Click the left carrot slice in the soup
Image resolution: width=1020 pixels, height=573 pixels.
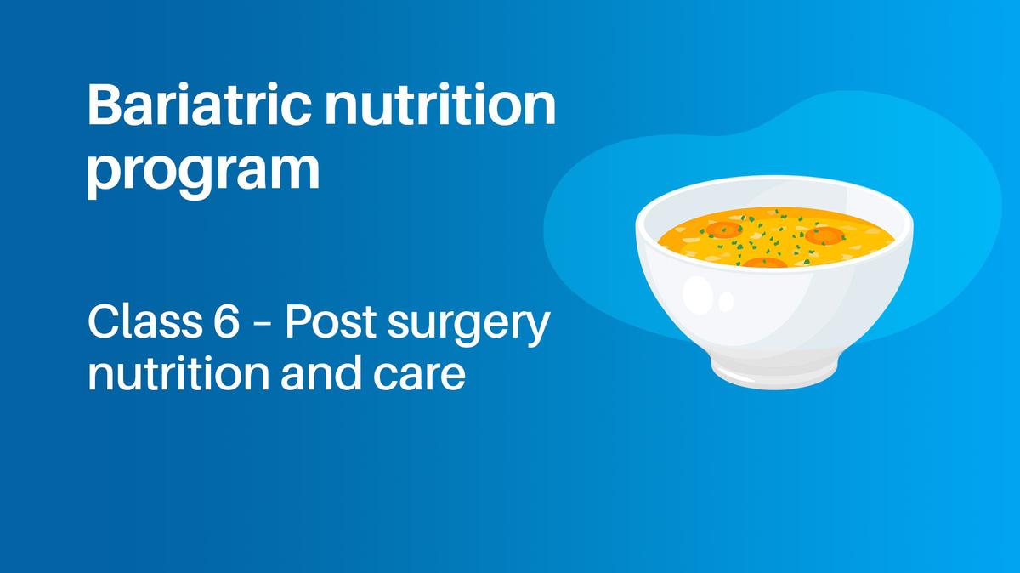[723, 229]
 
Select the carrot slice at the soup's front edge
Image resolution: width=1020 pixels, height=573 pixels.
[765, 262]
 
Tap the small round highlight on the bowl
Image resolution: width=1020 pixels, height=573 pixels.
[725, 302]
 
